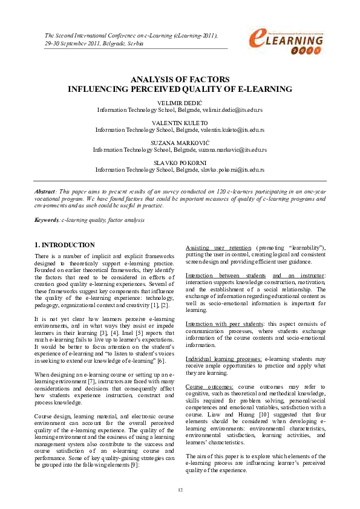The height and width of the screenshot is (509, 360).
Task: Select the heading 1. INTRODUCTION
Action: pyautogui.click(x=64, y=245)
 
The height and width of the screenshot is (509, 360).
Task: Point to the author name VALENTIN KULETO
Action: pyautogui.click(x=180, y=123)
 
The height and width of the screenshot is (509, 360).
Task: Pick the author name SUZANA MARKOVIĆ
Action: pyautogui.click(x=180, y=142)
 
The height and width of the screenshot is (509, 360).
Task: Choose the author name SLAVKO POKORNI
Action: pyautogui.click(x=180, y=162)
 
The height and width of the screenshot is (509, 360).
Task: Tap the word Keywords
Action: pyautogui.click(x=47, y=219)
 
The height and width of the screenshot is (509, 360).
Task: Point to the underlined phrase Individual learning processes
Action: pyautogui.click(x=223, y=358)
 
